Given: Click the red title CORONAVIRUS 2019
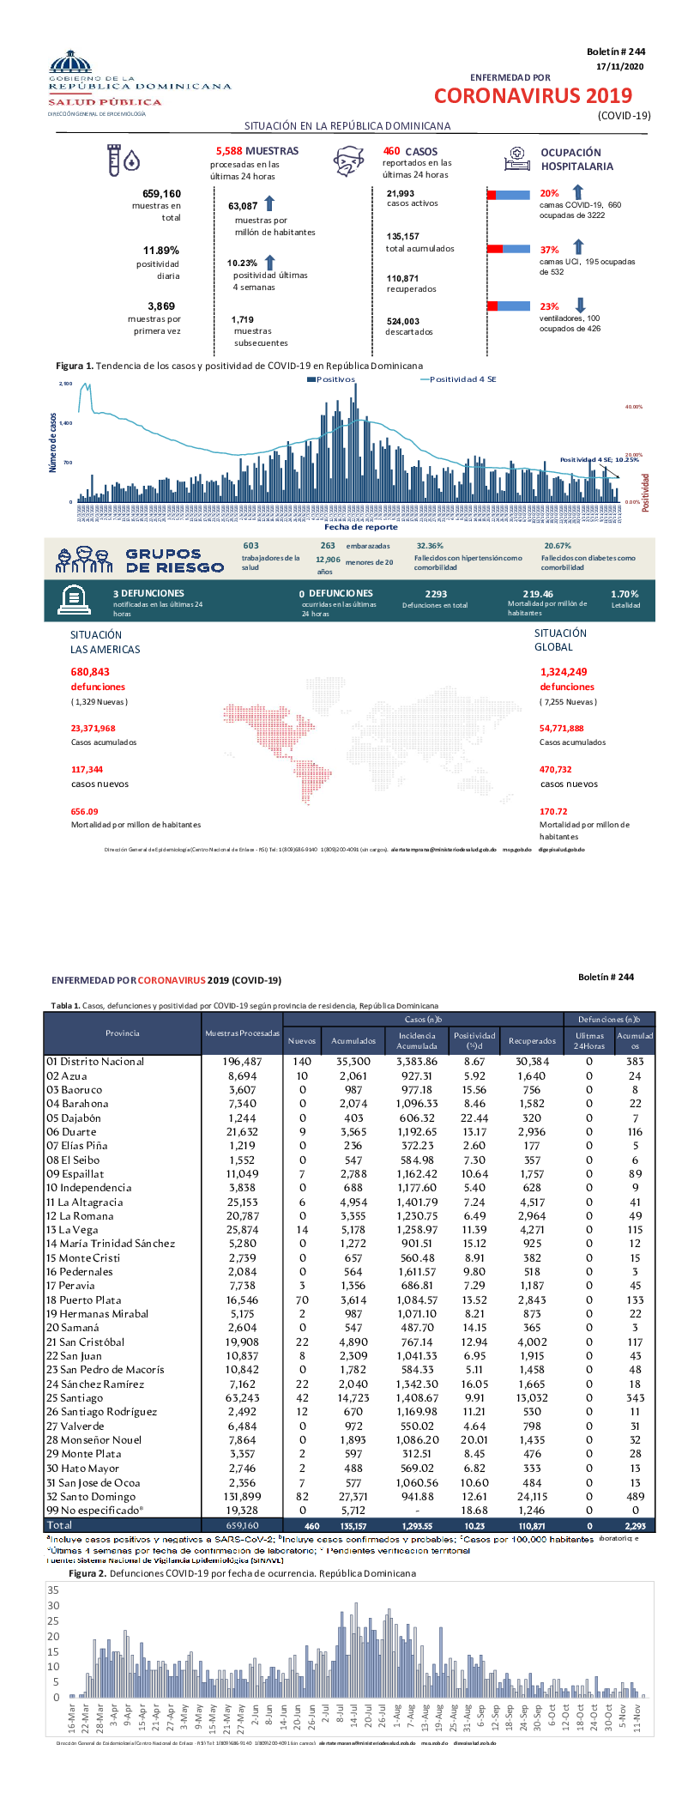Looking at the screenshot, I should [x=533, y=96].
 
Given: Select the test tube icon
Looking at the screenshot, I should [x=113, y=160].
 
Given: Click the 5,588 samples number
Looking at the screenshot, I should [x=229, y=151].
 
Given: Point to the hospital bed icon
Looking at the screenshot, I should [x=516, y=157].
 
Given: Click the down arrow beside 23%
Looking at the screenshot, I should [x=580, y=305].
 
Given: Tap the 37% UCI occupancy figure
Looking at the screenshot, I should [x=549, y=250].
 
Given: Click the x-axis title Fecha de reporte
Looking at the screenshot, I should [x=360, y=527].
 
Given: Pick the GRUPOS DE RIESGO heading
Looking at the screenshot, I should [x=175, y=560].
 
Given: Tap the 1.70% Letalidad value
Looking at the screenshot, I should [x=625, y=594].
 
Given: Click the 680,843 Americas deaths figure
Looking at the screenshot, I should [x=90, y=672].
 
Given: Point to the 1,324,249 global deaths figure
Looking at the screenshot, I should [x=564, y=672].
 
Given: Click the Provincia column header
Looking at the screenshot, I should [x=122, y=1033].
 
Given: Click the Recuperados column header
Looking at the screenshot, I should [x=532, y=1041].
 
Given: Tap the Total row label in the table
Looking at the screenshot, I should [x=59, y=1525].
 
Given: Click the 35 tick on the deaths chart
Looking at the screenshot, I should [x=54, y=1590].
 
